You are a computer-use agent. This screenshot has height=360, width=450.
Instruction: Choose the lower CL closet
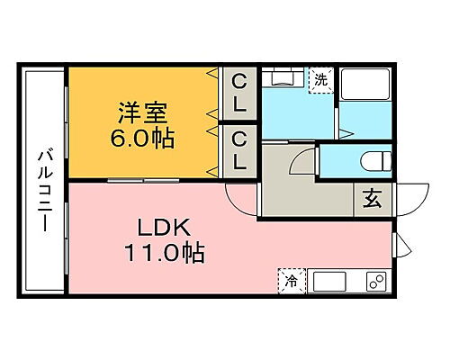click(x=239, y=150)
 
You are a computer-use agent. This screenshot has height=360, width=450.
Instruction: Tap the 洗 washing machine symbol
click(x=320, y=79)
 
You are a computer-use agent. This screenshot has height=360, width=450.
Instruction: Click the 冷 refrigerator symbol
click(x=292, y=282)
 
